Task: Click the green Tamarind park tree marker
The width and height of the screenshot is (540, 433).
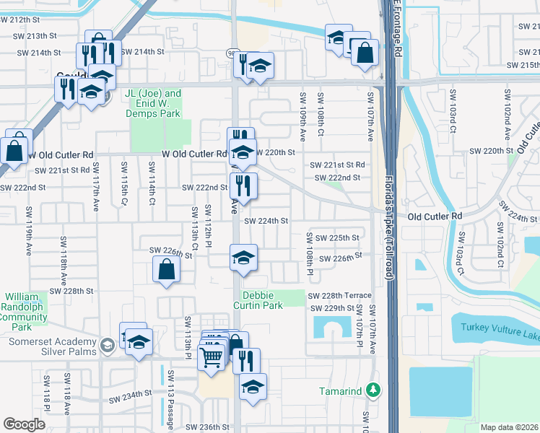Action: [373, 390]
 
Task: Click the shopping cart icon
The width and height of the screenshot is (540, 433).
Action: [211, 356]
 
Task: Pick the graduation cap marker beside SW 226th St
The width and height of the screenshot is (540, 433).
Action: [244, 257]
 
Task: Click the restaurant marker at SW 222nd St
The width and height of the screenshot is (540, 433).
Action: [244, 185]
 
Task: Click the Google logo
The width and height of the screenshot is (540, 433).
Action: [24, 424]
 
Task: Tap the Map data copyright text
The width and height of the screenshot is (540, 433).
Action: [509, 427]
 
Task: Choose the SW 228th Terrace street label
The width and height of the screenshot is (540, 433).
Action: [339, 296]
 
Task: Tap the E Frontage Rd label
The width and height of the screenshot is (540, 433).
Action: [397, 29]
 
